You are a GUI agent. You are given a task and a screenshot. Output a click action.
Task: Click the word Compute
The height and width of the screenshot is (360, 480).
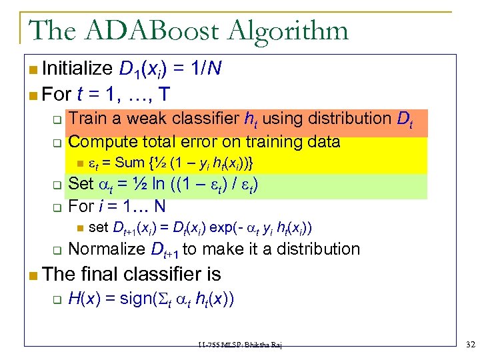coord(101,141)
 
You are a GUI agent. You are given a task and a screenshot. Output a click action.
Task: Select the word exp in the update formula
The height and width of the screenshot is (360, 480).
coord(222,227)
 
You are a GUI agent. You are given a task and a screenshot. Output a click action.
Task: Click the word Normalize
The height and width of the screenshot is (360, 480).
coord(107,249)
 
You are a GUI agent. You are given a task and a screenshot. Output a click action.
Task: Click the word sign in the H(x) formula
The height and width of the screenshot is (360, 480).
coord(137,298)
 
